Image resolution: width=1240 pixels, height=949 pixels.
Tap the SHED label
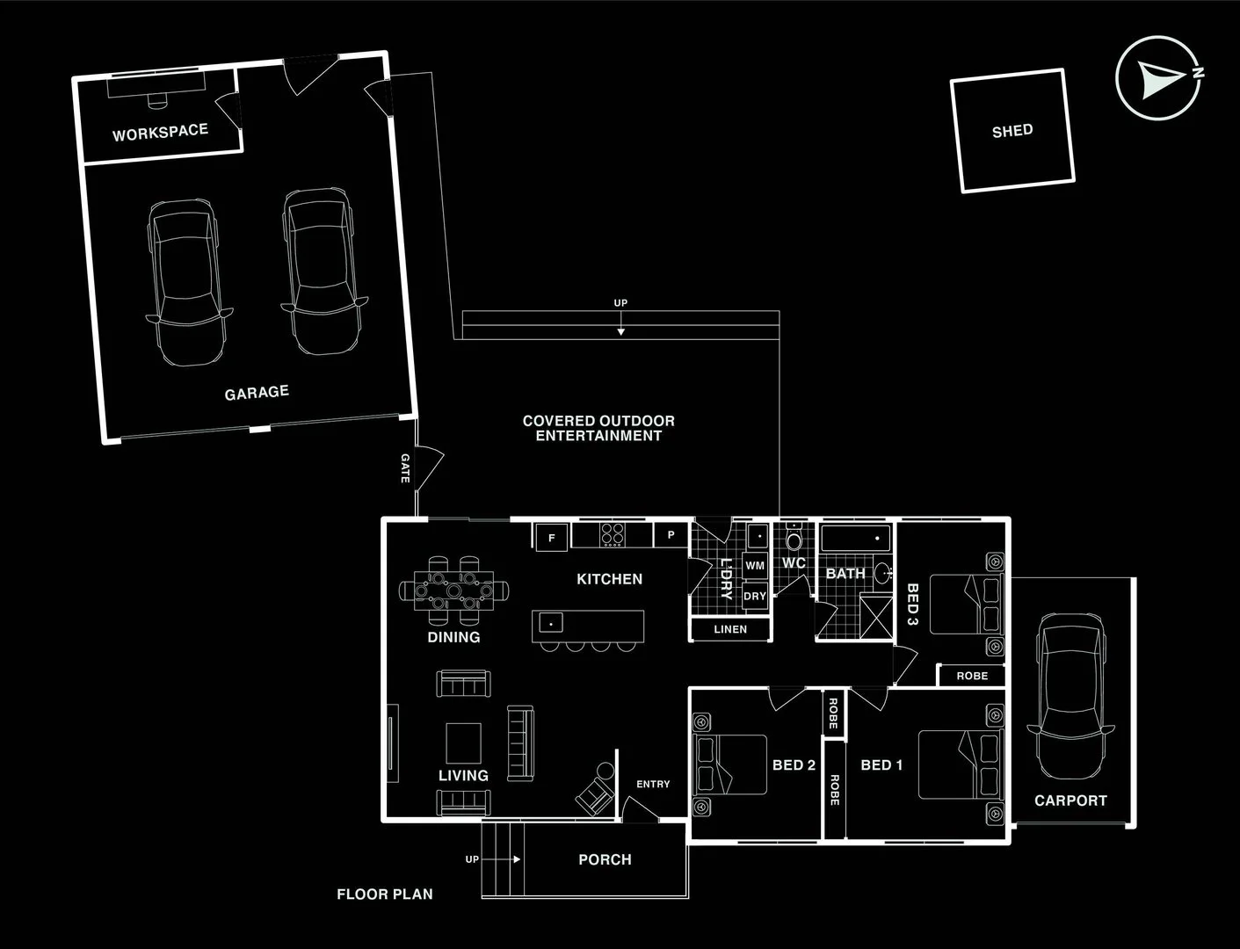tap(1012, 131)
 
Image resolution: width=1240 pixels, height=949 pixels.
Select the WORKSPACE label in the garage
tap(160, 133)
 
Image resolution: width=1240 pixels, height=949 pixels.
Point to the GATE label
tap(405, 468)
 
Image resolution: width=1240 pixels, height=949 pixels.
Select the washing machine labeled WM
tap(755, 566)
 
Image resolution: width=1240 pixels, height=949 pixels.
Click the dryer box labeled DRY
tap(755, 596)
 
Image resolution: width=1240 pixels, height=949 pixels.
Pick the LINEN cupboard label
tap(730, 629)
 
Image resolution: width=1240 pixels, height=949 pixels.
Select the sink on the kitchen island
tap(551, 623)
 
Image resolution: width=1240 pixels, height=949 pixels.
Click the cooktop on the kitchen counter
tap(612, 533)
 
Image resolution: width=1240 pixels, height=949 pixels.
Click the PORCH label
tap(605, 859)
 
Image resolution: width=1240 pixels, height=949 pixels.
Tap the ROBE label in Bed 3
tap(972, 676)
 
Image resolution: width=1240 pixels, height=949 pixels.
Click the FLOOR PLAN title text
tap(385, 895)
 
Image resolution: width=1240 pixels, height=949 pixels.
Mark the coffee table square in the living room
tap(463, 743)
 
